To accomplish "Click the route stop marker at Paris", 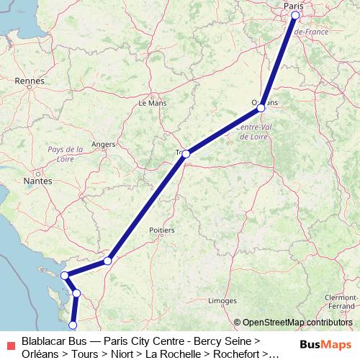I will [295, 15].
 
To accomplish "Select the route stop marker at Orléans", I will [261, 107].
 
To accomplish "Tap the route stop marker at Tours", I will [186, 153].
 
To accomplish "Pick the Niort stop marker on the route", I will [107, 260].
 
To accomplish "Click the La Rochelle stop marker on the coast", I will [64, 275].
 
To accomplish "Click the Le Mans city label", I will [152, 102].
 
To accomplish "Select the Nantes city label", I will [37, 181].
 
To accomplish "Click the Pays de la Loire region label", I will [65, 153].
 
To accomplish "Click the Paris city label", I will [293, 6].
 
